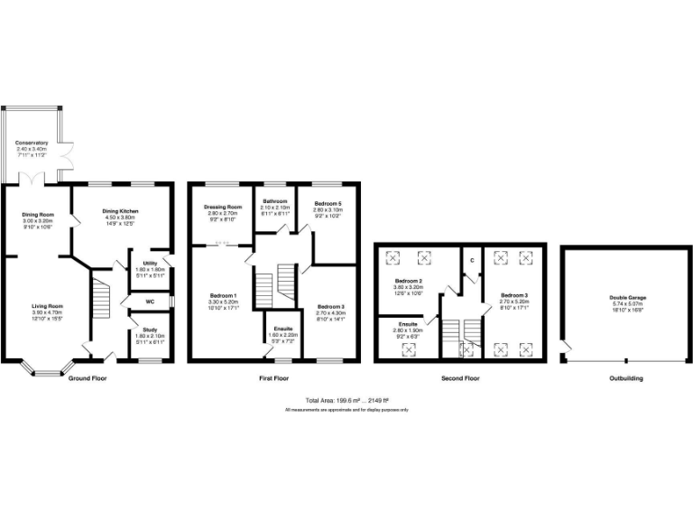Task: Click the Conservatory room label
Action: pyautogui.click(x=32, y=143)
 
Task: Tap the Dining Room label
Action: pyautogui.click(x=39, y=215)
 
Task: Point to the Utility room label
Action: pyautogui.click(x=150, y=263)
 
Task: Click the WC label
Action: pyautogui.click(x=150, y=302)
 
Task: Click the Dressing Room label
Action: pyautogui.click(x=224, y=207)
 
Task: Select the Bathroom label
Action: pyautogui.click(x=274, y=200)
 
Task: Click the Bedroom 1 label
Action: pyautogui.click(x=223, y=296)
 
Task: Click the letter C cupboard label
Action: pyautogui.click(x=471, y=260)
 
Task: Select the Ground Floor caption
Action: pyautogui.click(x=88, y=378)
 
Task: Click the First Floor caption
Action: pyautogui.click(x=273, y=378)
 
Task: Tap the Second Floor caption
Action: pyautogui.click(x=460, y=378)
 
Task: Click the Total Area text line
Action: pyautogui.click(x=346, y=399)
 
